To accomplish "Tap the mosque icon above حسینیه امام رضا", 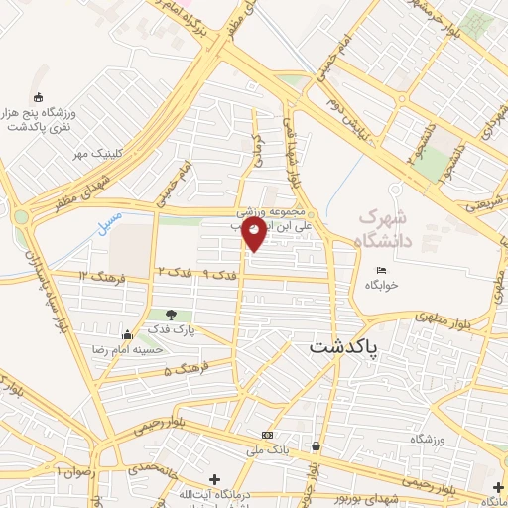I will tap(126, 335).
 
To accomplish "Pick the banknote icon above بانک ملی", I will tap(267, 436).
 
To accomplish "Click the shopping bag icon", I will tap(316, 446).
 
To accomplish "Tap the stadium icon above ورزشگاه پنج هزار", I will tap(39, 97).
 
